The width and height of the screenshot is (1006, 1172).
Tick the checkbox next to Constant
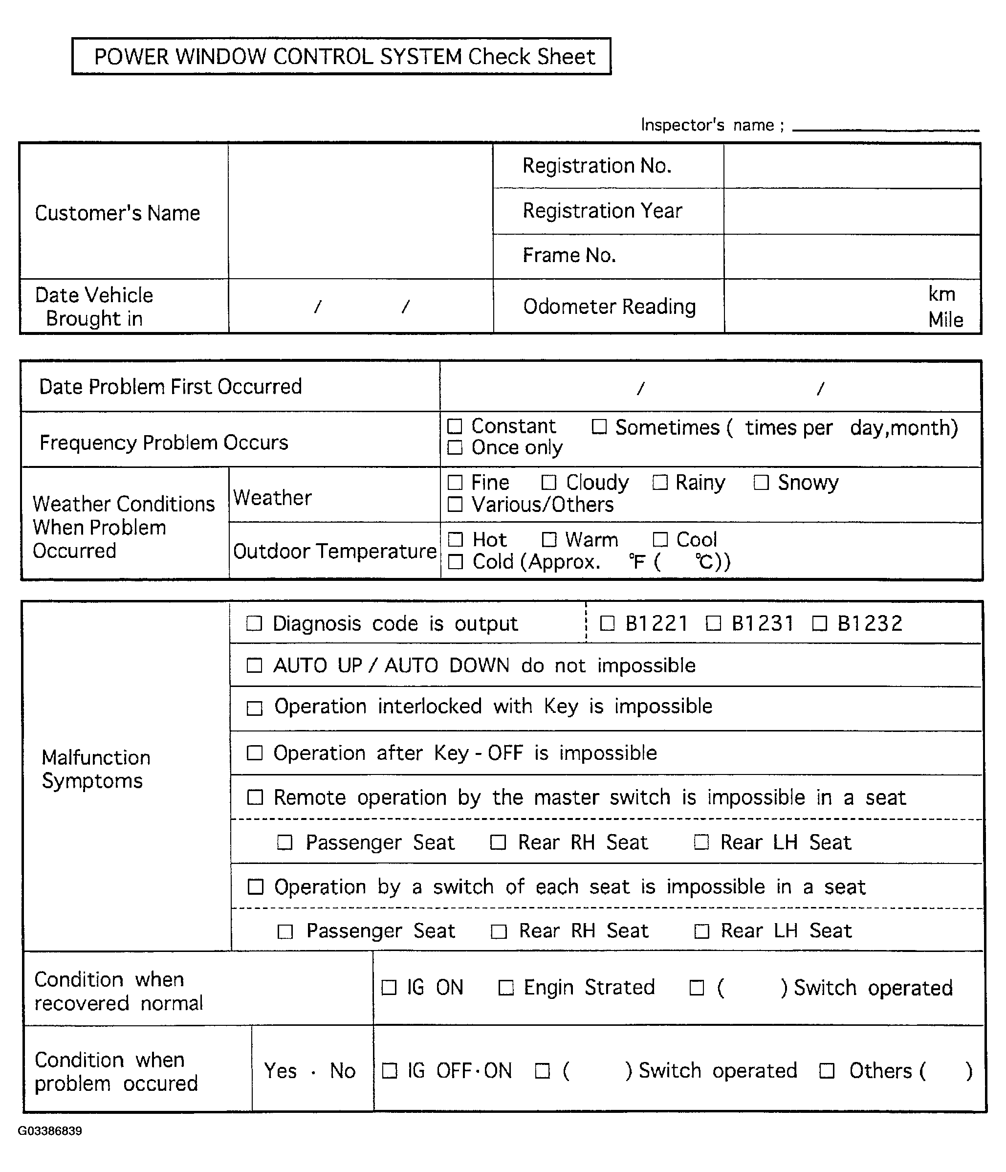point(455,425)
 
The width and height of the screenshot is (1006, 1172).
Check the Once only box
point(455,447)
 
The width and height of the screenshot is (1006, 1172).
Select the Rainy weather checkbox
point(659,483)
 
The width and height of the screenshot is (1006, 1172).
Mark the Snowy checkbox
point(761,483)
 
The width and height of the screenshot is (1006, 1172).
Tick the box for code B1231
point(714,623)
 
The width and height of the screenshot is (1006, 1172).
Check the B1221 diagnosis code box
point(607,623)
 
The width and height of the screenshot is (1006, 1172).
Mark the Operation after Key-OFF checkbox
point(255,753)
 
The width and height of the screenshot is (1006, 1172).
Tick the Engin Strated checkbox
point(505,988)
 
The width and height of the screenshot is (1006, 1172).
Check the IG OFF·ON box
point(390,1071)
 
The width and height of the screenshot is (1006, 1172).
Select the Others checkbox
point(827,1071)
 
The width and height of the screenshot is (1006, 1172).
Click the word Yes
point(281,1071)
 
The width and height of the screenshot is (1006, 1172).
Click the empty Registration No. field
point(852,166)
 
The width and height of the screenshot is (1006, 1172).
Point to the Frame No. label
point(569,256)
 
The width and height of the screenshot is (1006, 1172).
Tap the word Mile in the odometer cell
point(945,320)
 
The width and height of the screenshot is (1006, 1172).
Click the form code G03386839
point(50,1131)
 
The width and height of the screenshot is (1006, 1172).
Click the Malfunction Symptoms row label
point(96,769)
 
